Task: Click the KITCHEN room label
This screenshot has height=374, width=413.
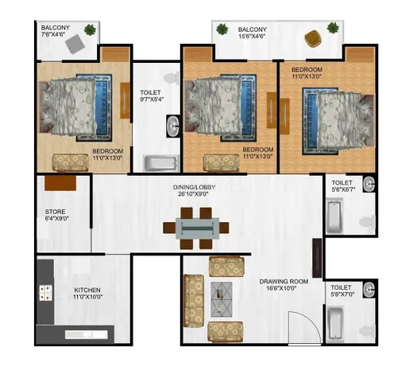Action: (87, 290)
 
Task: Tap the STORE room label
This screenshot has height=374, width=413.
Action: (55, 212)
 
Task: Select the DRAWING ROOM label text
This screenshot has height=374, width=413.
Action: (284, 282)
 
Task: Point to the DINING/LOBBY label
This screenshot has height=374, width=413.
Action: (194, 187)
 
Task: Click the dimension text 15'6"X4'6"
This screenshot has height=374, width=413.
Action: (252, 36)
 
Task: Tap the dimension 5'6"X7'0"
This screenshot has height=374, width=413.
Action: (342, 294)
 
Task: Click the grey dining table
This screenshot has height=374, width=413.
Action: (198, 228)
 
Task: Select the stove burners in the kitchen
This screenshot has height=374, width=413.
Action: (45, 293)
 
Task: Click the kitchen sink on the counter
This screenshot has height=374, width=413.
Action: (87, 334)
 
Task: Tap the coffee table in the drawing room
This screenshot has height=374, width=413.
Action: (222, 299)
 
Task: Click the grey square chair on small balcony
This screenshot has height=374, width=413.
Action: (75, 44)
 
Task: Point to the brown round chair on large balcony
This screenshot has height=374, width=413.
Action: (313, 39)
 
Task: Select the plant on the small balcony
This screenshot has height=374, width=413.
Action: (90, 29)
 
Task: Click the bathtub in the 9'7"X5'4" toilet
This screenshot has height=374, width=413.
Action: (160, 163)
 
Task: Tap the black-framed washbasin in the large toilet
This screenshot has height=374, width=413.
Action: (173, 127)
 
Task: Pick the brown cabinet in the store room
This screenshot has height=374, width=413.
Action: (60, 183)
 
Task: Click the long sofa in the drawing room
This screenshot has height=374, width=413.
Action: (194, 301)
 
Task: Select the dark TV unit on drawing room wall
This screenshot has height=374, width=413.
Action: (318, 258)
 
